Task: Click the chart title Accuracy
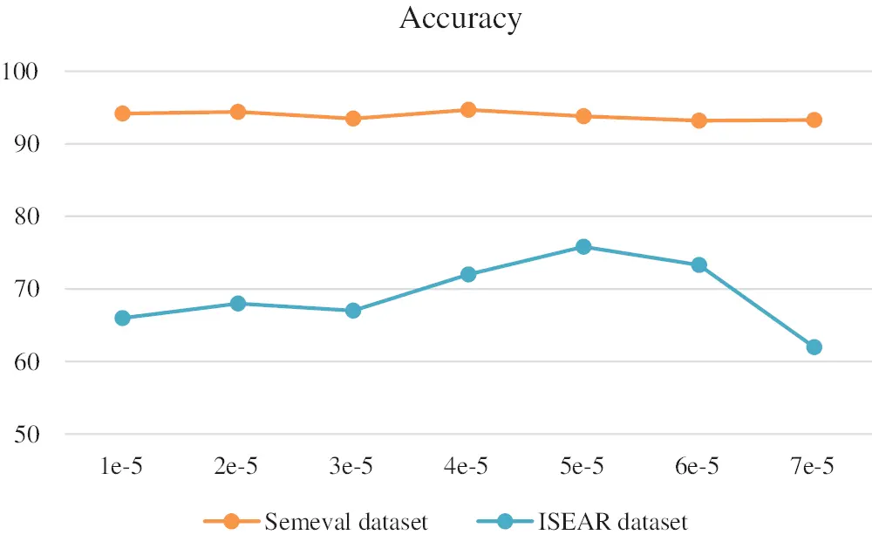[460, 18]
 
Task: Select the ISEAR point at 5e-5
[583, 247]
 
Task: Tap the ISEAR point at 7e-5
[814, 347]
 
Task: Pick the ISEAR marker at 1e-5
[122, 319]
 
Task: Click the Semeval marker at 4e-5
[468, 110]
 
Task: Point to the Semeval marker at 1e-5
[122, 113]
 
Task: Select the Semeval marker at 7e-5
[814, 120]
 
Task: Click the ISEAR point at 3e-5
[353, 311]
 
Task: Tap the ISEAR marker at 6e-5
[698, 265]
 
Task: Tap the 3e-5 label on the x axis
[352, 469]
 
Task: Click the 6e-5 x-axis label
[698, 469]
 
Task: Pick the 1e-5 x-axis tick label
[122, 469]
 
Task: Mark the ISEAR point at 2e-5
[237, 304]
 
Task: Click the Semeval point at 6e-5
[698, 120]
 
